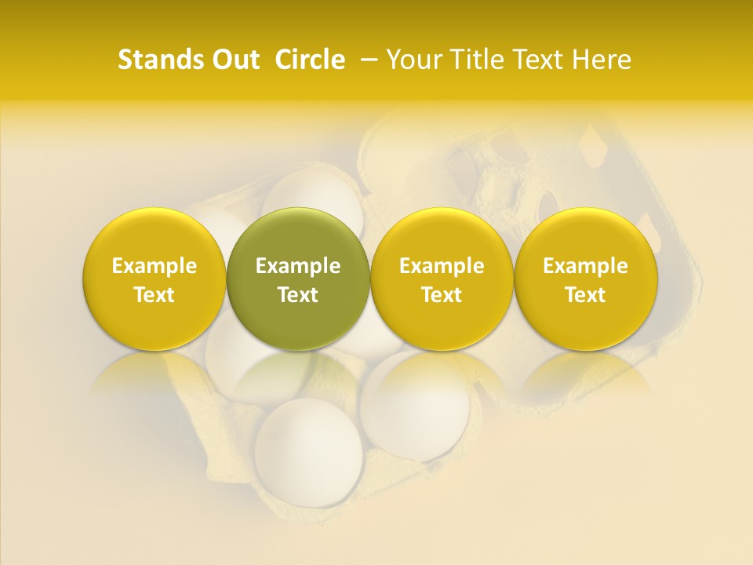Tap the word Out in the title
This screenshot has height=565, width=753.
pyautogui.click(x=234, y=60)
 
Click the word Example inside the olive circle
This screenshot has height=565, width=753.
pyautogui.click(x=298, y=266)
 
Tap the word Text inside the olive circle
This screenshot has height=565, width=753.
pyautogui.click(x=298, y=295)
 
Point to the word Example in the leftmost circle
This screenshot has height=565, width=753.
pyautogui.click(x=154, y=266)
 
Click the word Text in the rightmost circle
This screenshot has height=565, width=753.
pyautogui.click(x=585, y=295)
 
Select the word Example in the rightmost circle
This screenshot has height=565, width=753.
pyautogui.click(x=585, y=266)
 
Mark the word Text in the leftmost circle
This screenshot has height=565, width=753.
pyautogui.click(x=154, y=295)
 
